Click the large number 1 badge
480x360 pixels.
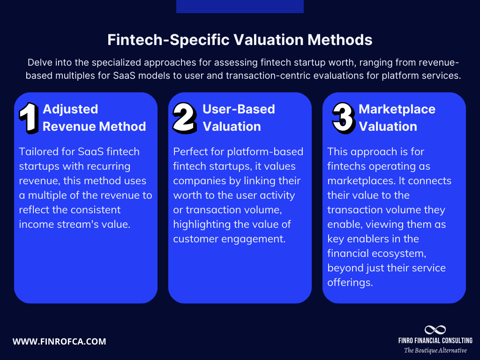click(29, 118)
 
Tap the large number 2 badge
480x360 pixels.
click(185, 117)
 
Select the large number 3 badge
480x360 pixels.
click(343, 117)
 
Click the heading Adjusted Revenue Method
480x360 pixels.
click(94, 118)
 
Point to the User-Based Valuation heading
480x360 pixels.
click(239, 118)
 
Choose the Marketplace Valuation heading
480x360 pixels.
click(397, 118)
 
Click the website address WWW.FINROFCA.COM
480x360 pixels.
click(59, 341)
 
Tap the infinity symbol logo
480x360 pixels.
click(435, 330)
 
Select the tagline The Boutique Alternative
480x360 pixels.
click(435, 350)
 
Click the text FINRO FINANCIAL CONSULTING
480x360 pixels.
click(435, 341)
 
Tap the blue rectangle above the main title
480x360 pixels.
click(240, 6)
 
